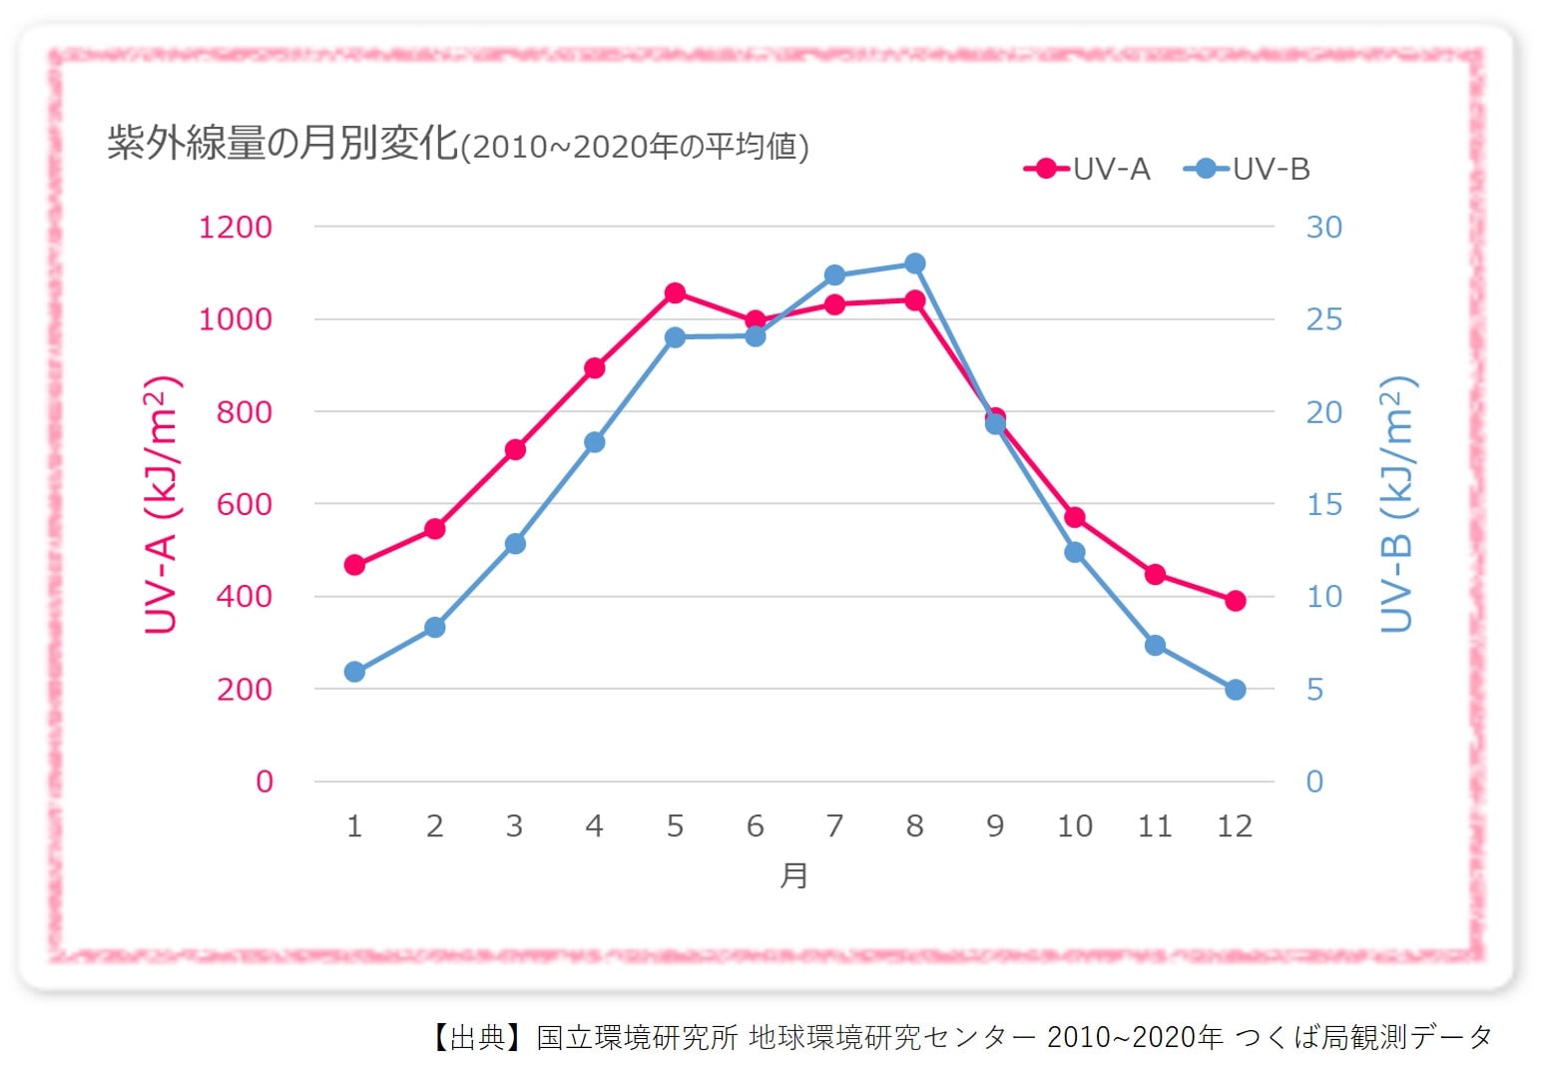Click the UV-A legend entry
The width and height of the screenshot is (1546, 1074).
pyautogui.click(x=1088, y=169)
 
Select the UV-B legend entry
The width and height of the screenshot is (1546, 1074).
pyautogui.click(x=1248, y=169)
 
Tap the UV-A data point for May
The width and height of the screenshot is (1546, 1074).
pyautogui.click(x=675, y=292)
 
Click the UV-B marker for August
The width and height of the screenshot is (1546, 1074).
pyautogui.click(x=915, y=264)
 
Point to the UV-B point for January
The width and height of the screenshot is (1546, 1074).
pyautogui.click(x=354, y=672)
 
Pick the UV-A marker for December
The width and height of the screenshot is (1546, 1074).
pyautogui.click(x=1235, y=600)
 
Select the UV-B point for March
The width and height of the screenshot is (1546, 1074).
pyautogui.click(x=515, y=543)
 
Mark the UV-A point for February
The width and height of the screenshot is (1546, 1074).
pyautogui.click(x=434, y=528)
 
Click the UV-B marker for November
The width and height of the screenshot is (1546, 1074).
pyautogui.click(x=1155, y=645)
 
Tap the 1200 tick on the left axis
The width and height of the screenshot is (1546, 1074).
pyautogui.click(x=236, y=228)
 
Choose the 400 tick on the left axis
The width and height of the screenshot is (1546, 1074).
pyautogui.click(x=244, y=597)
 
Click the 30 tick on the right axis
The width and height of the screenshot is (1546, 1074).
pyautogui.click(x=1323, y=228)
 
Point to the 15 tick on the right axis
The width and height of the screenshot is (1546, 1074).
pyautogui.click(x=1323, y=505)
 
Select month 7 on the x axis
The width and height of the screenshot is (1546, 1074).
pyautogui.click(x=834, y=826)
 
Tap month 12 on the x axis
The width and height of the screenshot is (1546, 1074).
pyautogui.click(x=1235, y=826)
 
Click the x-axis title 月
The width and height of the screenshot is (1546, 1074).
pyautogui.click(x=793, y=875)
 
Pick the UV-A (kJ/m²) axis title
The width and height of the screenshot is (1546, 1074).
pyautogui.click(x=161, y=505)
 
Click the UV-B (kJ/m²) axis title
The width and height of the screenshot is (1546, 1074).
pyautogui.click(x=1397, y=505)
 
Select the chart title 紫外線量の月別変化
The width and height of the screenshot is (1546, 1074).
pyautogui.click(x=282, y=144)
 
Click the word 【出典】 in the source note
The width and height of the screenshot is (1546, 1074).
pyautogui.click(x=477, y=1037)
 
